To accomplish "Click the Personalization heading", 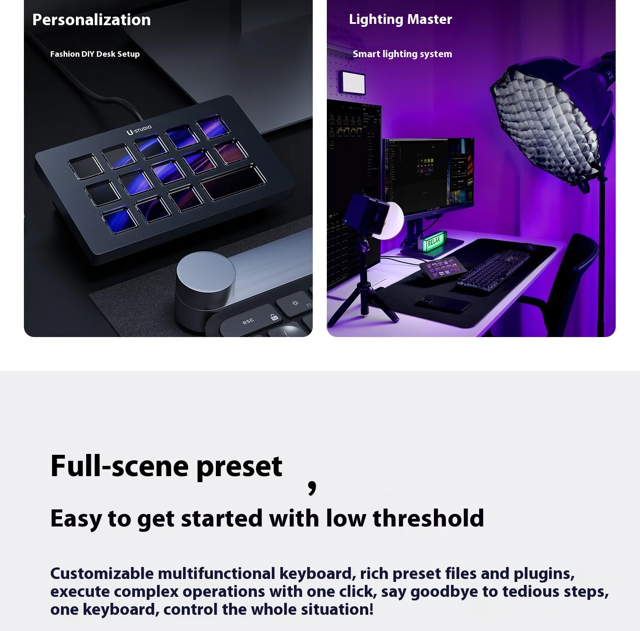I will coord(91,20).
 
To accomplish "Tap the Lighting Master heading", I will coord(400,19).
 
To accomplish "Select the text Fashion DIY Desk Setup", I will coord(95,54).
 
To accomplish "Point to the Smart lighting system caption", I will coord(402,54).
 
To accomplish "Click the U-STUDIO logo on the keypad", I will coord(139,130).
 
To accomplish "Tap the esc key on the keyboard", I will coord(248,321).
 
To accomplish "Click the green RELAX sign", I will coord(433,241).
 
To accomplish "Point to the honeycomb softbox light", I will coord(546,124).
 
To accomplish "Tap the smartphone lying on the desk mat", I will coord(442,303).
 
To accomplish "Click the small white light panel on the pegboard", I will coord(352,82).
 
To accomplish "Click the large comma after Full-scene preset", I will coord(312,486).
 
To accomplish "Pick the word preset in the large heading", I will coord(239,466).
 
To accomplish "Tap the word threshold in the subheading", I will coord(428,519).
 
